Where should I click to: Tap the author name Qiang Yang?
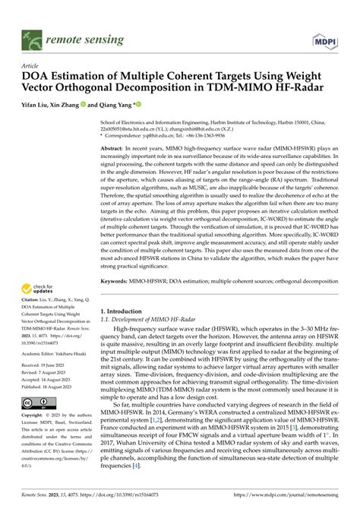coord(115,105)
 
